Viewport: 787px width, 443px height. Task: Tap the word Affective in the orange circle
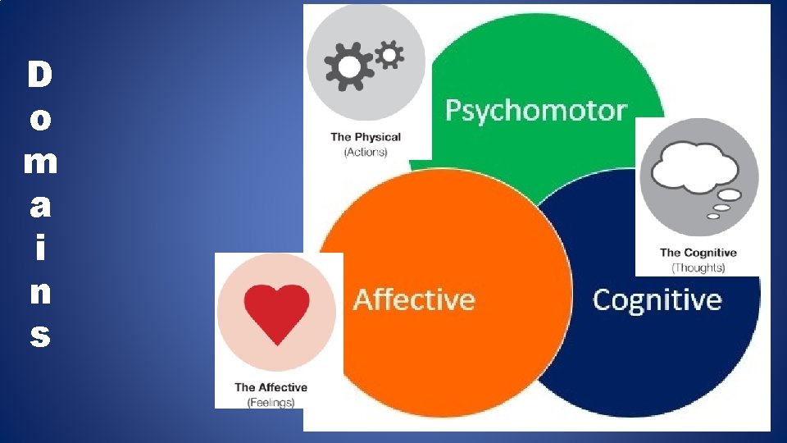pos(413,299)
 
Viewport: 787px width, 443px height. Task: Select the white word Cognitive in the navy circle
pos(657,299)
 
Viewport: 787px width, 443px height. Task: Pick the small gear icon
pos(389,54)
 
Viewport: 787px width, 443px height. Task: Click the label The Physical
pos(366,137)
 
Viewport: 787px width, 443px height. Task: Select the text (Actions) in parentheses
pos(366,153)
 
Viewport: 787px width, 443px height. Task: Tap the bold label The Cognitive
pos(698,253)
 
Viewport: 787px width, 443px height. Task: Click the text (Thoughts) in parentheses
pos(698,267)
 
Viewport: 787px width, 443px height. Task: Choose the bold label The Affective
pos(271,387)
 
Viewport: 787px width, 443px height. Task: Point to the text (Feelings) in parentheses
pos(271,402)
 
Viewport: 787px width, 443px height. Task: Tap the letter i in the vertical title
pos(39,249)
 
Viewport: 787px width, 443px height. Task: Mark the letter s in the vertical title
pos(39,336)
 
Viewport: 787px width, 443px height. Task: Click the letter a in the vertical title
pos(39,207)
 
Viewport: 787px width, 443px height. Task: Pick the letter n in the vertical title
pos(39,293)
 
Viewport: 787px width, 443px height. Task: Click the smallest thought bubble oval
pos(713,217)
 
